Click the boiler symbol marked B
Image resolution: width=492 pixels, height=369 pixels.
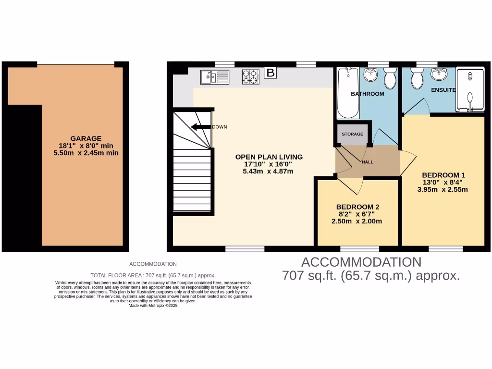271,73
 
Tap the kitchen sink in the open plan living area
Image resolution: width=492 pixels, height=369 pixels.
215,77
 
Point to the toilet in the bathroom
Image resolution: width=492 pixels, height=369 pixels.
390,78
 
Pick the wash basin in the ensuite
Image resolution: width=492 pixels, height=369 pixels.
438,74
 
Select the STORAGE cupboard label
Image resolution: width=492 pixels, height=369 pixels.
353,134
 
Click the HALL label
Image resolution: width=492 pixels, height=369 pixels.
368,162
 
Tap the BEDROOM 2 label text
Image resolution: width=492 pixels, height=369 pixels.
357,207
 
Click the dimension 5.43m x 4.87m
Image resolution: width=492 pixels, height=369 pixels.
269,171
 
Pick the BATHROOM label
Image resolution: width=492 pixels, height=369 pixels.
367,94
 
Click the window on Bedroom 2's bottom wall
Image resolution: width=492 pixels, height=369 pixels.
359,248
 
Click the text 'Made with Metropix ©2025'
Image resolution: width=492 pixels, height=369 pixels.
153,306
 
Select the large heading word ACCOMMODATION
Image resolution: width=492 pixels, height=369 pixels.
361,262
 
